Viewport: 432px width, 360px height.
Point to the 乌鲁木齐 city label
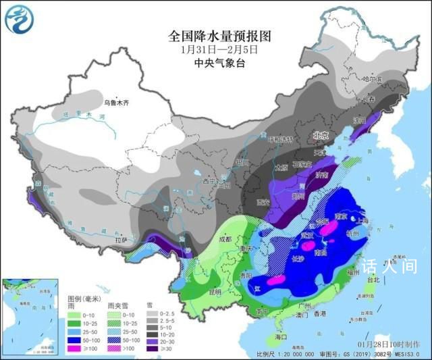pos(115,103)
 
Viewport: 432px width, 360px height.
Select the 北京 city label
pos(320,136)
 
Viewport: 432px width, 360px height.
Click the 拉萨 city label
pos(120,240)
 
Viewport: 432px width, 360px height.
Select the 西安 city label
pos(264,202)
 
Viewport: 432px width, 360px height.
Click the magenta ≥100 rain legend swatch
pos(76,349)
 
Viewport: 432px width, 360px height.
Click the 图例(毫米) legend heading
pos(85,298)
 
